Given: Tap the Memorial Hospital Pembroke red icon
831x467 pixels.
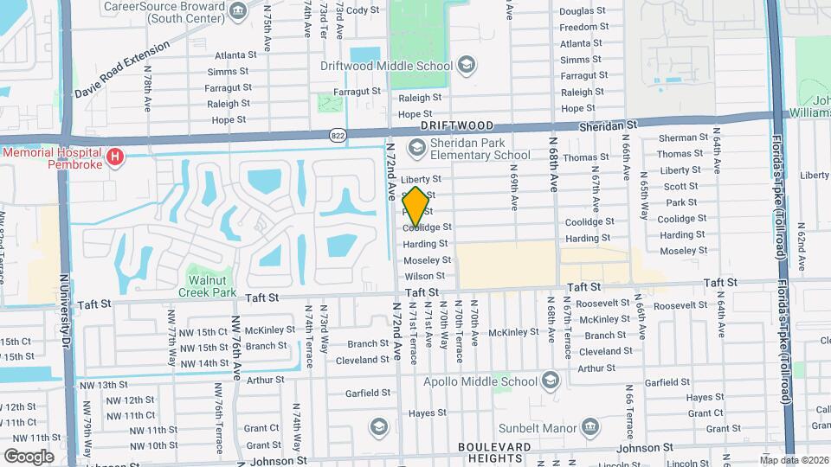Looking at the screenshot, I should coord(114,157).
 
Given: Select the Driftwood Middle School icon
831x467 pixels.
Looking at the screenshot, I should coord(467,65).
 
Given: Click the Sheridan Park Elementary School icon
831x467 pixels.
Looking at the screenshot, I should coord(417,149).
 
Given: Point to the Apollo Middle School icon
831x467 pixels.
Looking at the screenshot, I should coord(550,381).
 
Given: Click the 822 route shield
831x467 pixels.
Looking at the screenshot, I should coord(338,135).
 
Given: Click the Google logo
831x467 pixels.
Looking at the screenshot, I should coord(29,456).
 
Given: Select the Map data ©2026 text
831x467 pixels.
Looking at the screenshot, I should coord(793,460).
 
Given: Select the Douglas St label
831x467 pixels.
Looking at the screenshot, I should coord(582,11).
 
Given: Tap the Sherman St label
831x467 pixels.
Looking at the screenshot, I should coord(682,138).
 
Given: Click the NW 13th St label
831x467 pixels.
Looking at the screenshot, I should coord(109,385).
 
